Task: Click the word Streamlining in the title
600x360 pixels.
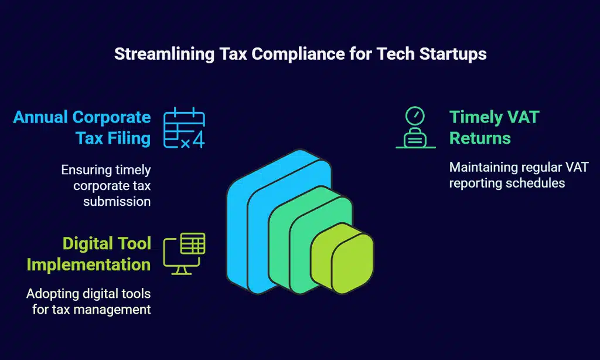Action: (164, 54)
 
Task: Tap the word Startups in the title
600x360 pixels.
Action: (453, 54)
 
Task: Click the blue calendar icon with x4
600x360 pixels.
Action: (184, 128)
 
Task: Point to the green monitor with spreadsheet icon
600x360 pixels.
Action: (184, 253)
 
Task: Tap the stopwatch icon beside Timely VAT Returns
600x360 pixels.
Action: (415, 127)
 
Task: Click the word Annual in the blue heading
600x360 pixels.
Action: (40, 117)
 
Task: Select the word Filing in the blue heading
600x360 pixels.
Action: (129, 138)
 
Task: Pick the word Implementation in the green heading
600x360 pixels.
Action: (88, 265)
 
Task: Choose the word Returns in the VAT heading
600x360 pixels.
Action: (480, 138)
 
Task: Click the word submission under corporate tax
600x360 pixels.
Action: (117, 202)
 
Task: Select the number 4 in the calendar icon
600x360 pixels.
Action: (199, 140)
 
